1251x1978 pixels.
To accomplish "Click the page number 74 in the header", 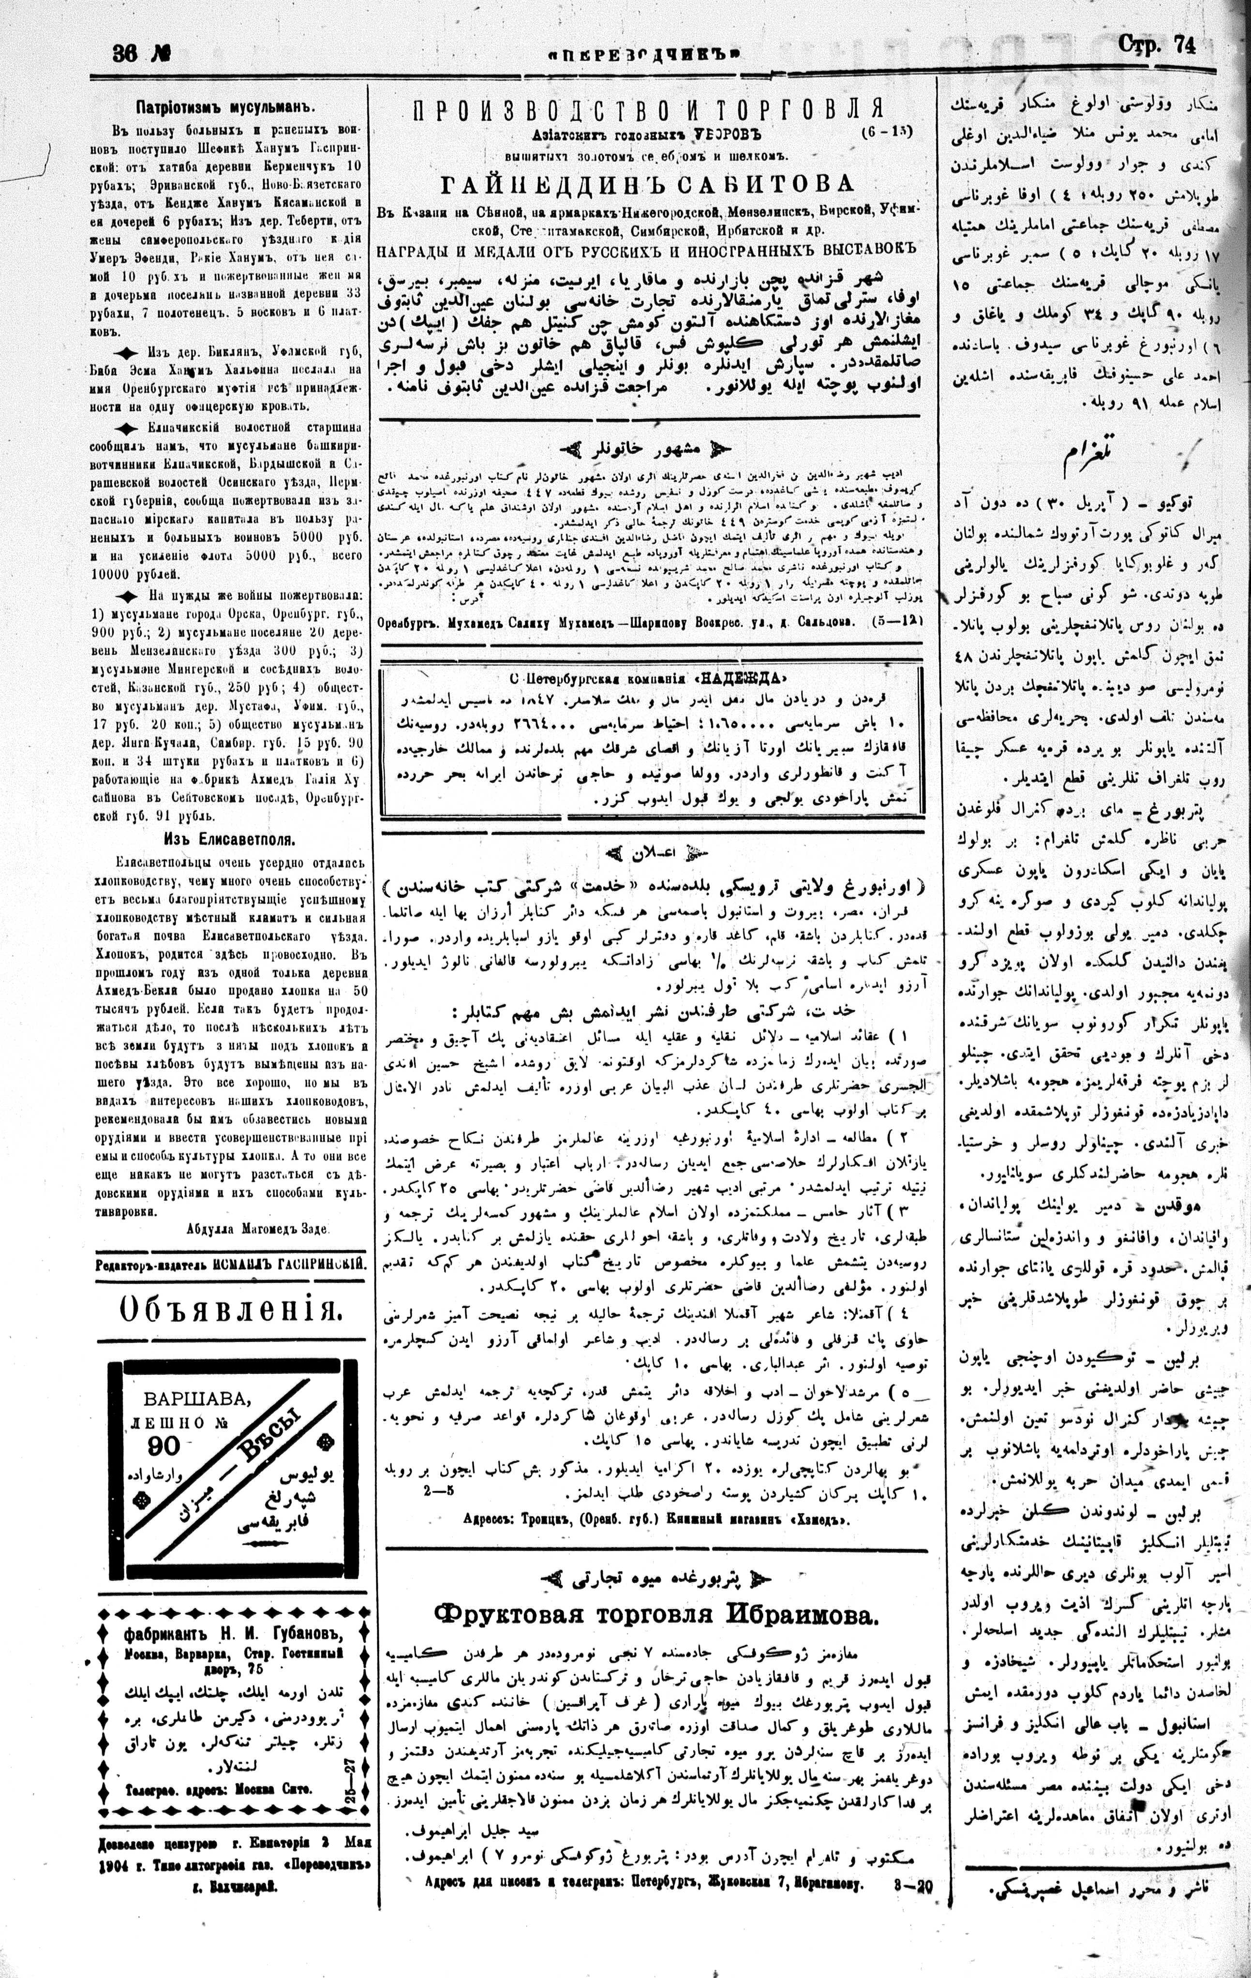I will click(1184, 47).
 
